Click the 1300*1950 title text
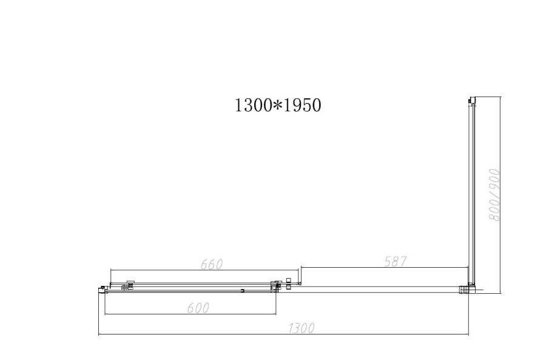click(x=277, y=105)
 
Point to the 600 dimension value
click(x=198, y=308)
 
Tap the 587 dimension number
click(x=394, y=261)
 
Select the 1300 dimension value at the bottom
click(x=301, y=328)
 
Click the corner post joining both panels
click(x=470, y=288)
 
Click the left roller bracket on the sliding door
click(x=129, y=284)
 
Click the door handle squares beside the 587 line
click(x=289, y=282)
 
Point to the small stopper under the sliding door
click(x=242, y=291)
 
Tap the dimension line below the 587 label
click(x=385, y=267)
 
